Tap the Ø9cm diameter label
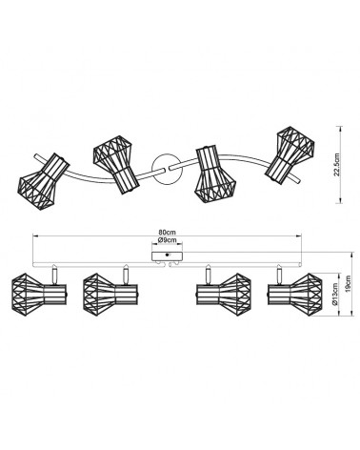pos(167,240)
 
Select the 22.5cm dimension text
pos(337,164)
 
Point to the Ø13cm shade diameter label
pos(335,296)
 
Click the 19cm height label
pos(349,284)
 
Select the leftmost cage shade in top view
pos(43,182)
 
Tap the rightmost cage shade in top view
pos(290,154)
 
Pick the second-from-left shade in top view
pos(116,164)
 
